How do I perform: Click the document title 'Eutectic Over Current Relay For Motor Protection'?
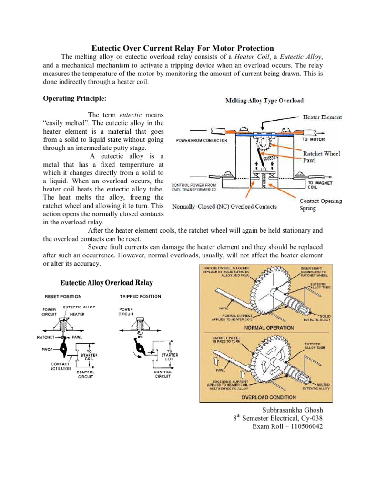(x=183, y=48)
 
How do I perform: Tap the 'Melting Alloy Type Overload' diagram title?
(x=264, y=101)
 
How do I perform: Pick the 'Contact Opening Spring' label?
(x=320, y=204)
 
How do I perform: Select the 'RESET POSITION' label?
(x=63, y=297)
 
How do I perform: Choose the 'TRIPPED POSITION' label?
(x=140, y=297)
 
